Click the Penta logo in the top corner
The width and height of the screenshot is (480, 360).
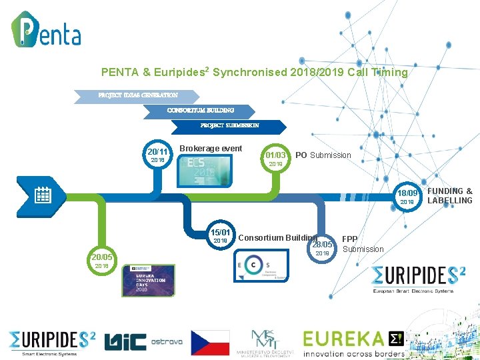pos(46,29)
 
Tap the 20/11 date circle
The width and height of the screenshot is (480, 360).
pos(157,155)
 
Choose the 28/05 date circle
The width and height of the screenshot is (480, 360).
pos(323,247)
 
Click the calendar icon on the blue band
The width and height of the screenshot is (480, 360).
pos(43,195)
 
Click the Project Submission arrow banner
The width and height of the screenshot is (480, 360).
pos(230,125)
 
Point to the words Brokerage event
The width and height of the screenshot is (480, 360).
pos(211,149)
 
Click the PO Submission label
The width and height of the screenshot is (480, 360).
pos(323,155)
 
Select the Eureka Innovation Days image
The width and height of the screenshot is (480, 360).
pos(148,280)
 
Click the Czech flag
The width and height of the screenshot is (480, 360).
pos(210,342)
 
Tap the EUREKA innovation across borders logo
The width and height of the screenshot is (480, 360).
pos(353,343)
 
